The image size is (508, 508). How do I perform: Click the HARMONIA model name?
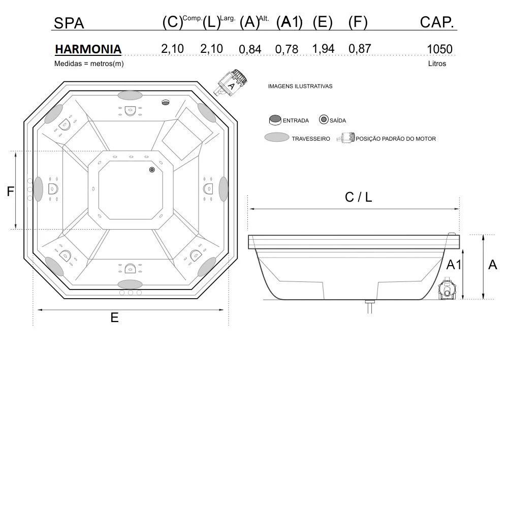pyautogui.click(x=88, y=49)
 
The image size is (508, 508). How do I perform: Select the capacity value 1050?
pyautogui.click(x=439, y=49)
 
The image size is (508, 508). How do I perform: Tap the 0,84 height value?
pyautogui.click(x=250, y=50)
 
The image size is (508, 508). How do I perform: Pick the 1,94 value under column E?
pyautogui.click(x=323, y=49)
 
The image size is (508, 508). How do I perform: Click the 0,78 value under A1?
pyautogui.click(x=287, y=49)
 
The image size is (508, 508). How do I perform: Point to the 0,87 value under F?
pyautogui.click(x=360, y=49)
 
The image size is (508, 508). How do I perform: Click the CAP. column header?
pyautogui.click(x=437, y=22)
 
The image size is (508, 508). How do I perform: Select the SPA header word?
pyautogui.click(x=69, y=23)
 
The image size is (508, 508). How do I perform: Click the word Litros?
pyautogui.click(x=437, y=63)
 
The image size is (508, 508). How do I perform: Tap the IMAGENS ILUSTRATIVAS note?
pyautogui.click(x=300, y=86)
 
